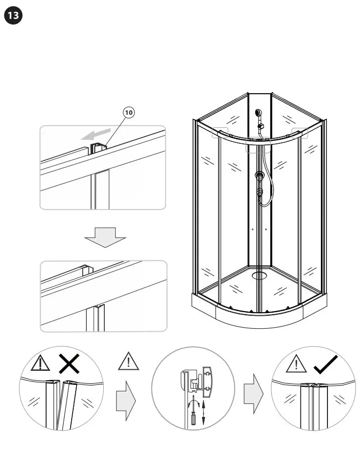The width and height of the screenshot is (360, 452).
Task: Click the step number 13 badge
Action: (14, 16)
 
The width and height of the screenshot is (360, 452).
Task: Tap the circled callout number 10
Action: (128, 113)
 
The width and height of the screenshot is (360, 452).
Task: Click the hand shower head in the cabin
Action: (259, 115)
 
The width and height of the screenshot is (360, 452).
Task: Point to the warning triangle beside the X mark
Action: (38, 364)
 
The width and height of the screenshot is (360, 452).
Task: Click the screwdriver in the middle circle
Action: (191, 415)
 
